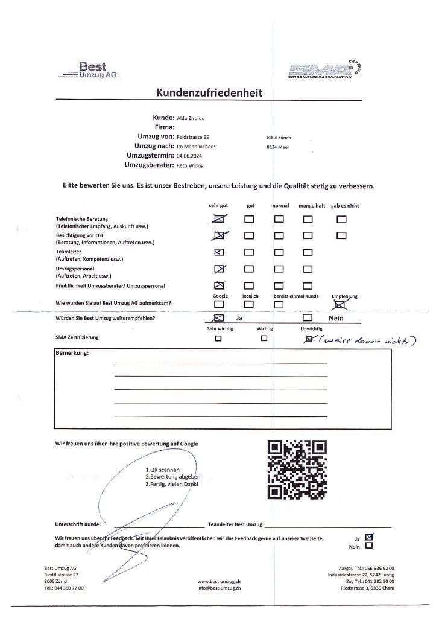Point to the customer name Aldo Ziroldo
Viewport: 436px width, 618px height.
(191, 117)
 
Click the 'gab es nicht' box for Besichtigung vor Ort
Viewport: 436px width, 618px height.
(342, 235)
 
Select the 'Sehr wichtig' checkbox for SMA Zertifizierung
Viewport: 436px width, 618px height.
(218, 339)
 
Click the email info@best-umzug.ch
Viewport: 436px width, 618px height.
(220, 587)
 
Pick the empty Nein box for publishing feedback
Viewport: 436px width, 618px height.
(369, 546)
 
